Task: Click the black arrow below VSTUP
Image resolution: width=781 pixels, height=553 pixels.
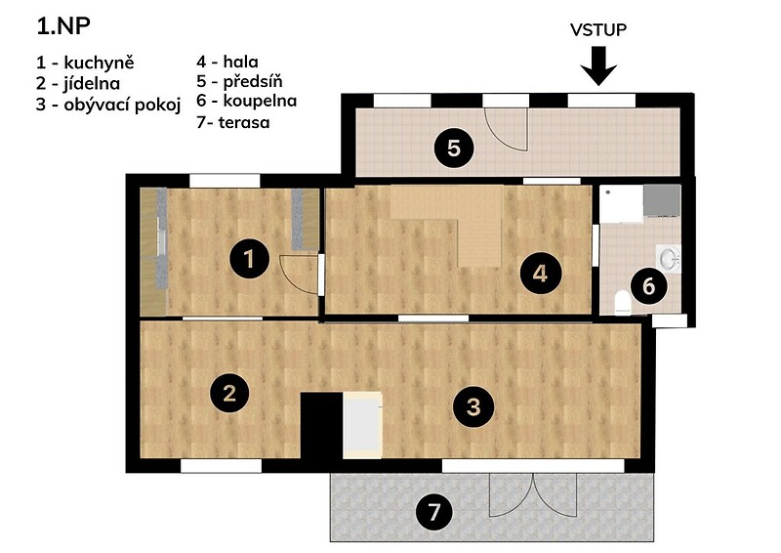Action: (x=598, y=65)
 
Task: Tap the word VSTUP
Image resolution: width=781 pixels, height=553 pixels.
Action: (x=598, y=30)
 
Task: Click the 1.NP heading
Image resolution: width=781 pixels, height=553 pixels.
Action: (x=63, y=26)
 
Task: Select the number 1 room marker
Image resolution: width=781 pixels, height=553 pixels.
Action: (x=249, y=259)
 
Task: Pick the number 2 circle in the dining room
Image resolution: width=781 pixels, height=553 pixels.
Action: (x=229, y=394)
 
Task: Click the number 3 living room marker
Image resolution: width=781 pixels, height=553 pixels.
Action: (x=473, y=406)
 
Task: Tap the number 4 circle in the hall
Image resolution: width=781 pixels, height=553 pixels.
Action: (x=541, y=274)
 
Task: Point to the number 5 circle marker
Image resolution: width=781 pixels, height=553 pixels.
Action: (x=453, y=149)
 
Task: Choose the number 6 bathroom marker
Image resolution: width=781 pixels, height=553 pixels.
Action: (x=648, y=286)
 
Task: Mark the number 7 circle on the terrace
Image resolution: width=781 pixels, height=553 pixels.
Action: (x=434, y=512)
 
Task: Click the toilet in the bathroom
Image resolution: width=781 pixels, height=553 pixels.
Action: (x=623, y=303)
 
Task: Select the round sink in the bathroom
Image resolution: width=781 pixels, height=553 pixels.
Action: (x=669, y=259)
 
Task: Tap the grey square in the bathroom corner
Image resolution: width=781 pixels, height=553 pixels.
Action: (x=662, y=201)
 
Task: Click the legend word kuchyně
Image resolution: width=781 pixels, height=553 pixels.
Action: (x=100, y=64)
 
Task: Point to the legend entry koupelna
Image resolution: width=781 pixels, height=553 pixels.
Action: (x=260, y=102)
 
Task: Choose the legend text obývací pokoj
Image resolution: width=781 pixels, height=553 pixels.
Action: (x=122, y=106)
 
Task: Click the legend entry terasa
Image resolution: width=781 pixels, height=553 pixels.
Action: (x=244, y=122)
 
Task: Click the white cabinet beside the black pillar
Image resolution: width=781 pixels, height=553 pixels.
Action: (x=362, y=425)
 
